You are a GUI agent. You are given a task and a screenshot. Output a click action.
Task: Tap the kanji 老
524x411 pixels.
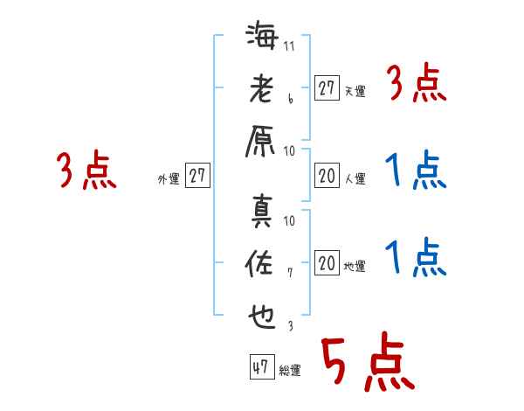(262, 91)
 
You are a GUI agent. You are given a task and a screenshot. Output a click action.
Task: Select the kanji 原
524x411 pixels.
(262, 143)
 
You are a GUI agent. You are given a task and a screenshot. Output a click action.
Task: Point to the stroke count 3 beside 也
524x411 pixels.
(290, 326)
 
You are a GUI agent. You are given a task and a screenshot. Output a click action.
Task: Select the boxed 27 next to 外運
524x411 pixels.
(197, 176)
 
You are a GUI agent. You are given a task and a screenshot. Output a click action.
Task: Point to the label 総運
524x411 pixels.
(290, 370)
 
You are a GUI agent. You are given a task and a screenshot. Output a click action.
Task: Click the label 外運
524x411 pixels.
(169, 178)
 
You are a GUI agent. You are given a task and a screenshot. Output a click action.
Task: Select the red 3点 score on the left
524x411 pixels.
(87, 171)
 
